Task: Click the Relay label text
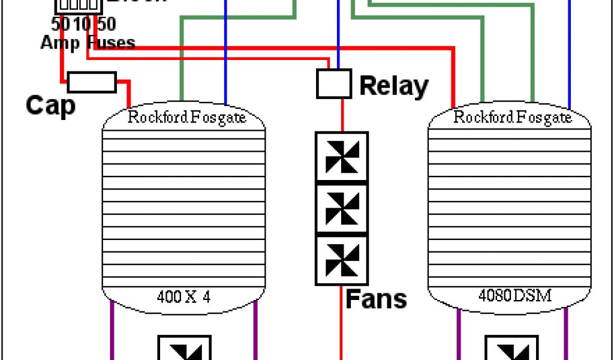[x=394, y=86]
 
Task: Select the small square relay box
[x=334, y=83]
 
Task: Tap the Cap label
[x=51, y=106]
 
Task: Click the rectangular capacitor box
[x=92, y=82]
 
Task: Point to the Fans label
[x=377, y=298]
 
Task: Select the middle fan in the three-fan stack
[x=342, y=208]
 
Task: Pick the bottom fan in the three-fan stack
[x=342, y=260]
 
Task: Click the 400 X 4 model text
[x=183, y=296]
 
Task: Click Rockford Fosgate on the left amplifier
[x=187, y=117]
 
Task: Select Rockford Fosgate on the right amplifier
[x=513, y=117]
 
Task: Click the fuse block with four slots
[x=78, y=5]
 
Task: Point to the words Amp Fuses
[x=88, y=42]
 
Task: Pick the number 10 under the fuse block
[x=83, y=25]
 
